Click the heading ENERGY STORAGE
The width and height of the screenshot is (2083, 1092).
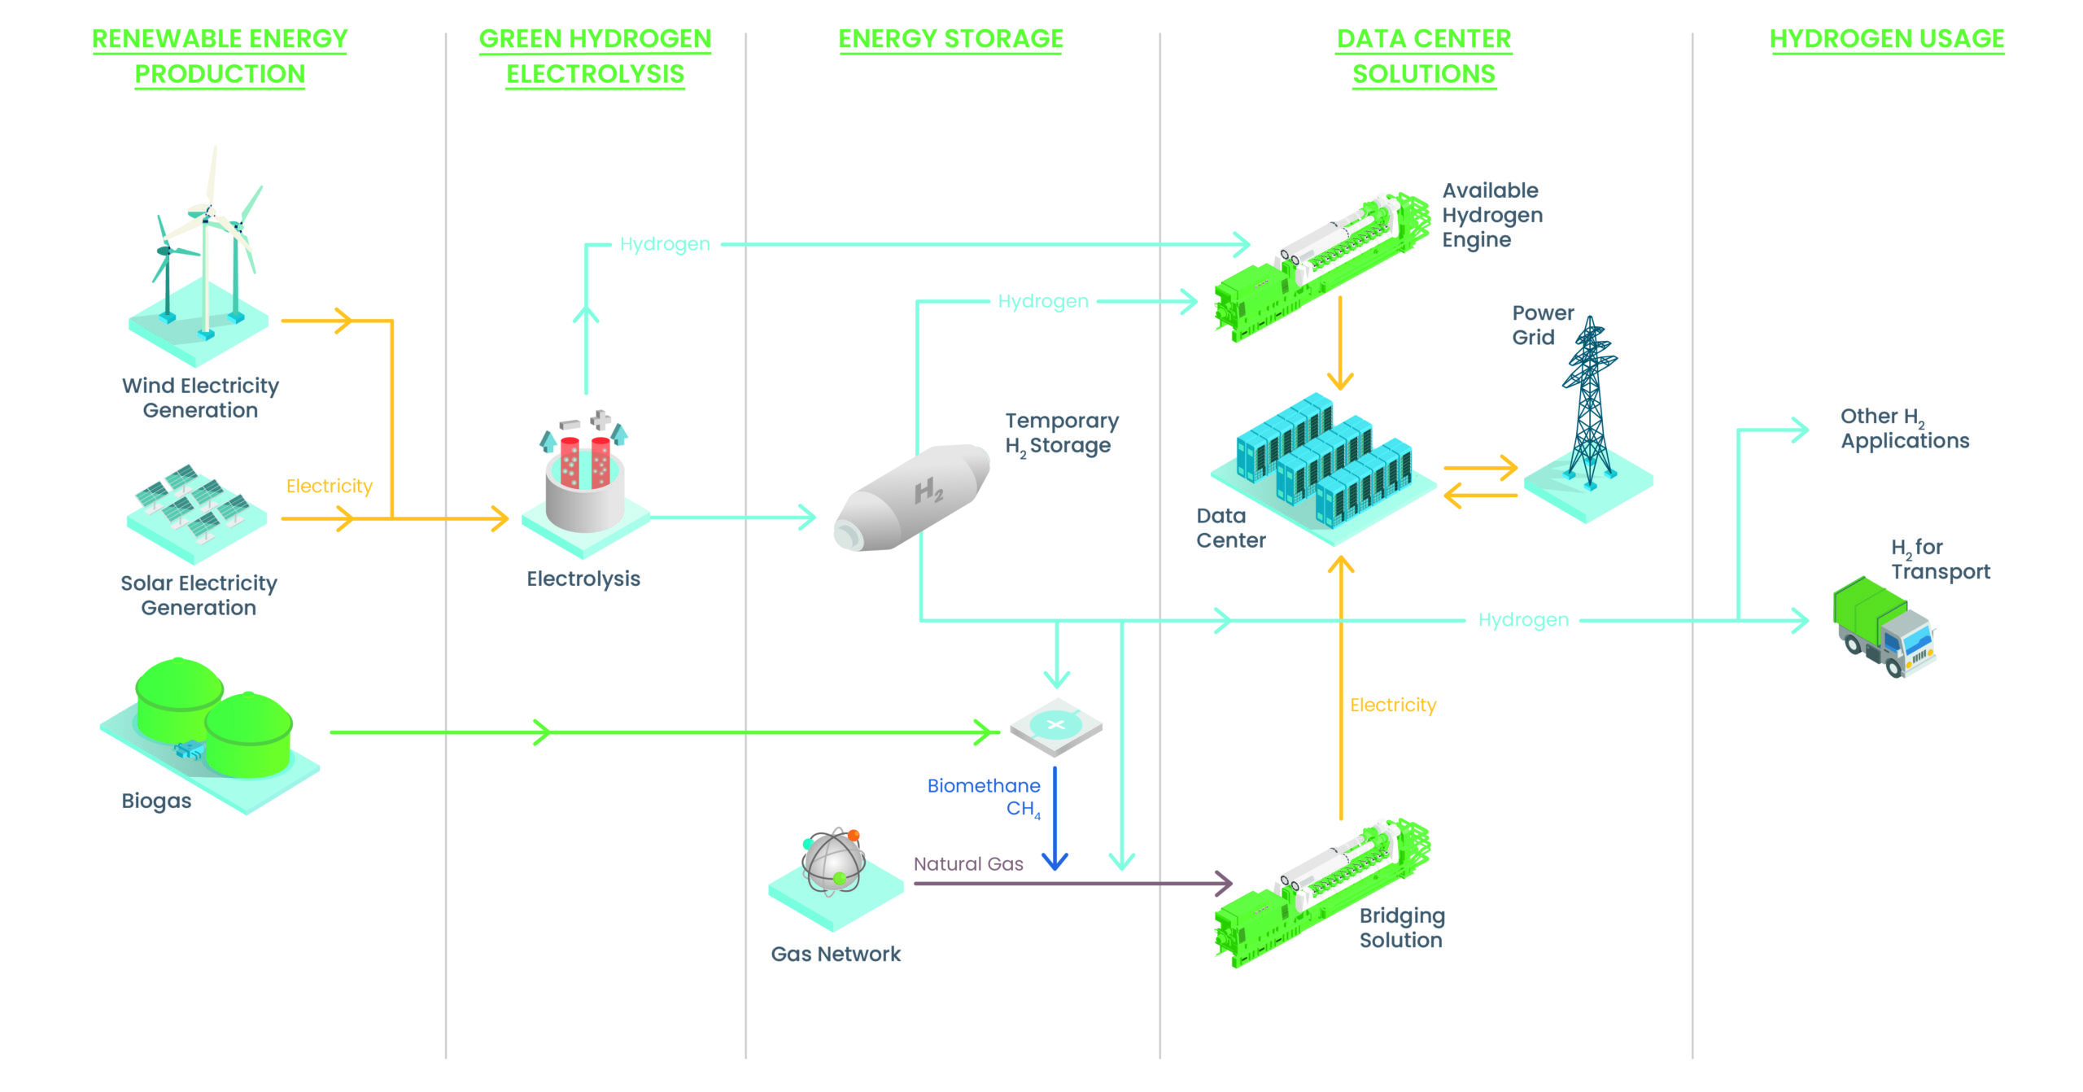(950, 38)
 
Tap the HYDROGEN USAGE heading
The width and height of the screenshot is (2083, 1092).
(1886, 38)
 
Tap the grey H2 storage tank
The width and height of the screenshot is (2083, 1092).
(911, 498)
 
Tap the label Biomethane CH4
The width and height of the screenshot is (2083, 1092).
(984, 797)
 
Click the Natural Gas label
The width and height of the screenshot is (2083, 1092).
(967, 864)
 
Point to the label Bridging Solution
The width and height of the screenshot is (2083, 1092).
(1401, 928)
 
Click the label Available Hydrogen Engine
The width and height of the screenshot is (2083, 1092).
(1491, 215)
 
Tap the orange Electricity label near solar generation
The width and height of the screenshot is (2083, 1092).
(329, 486)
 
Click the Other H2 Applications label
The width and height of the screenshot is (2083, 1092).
(1904, 429)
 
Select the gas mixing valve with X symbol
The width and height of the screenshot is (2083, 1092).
(1055, 725)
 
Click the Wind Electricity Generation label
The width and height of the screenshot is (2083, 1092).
(200, 397)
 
